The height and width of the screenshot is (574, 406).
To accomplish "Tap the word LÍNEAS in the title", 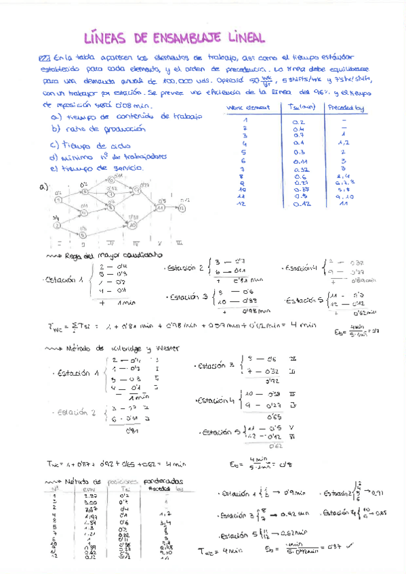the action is tap(108, 37).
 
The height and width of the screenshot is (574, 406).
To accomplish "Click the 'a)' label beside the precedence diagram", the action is tap(44, 187).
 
